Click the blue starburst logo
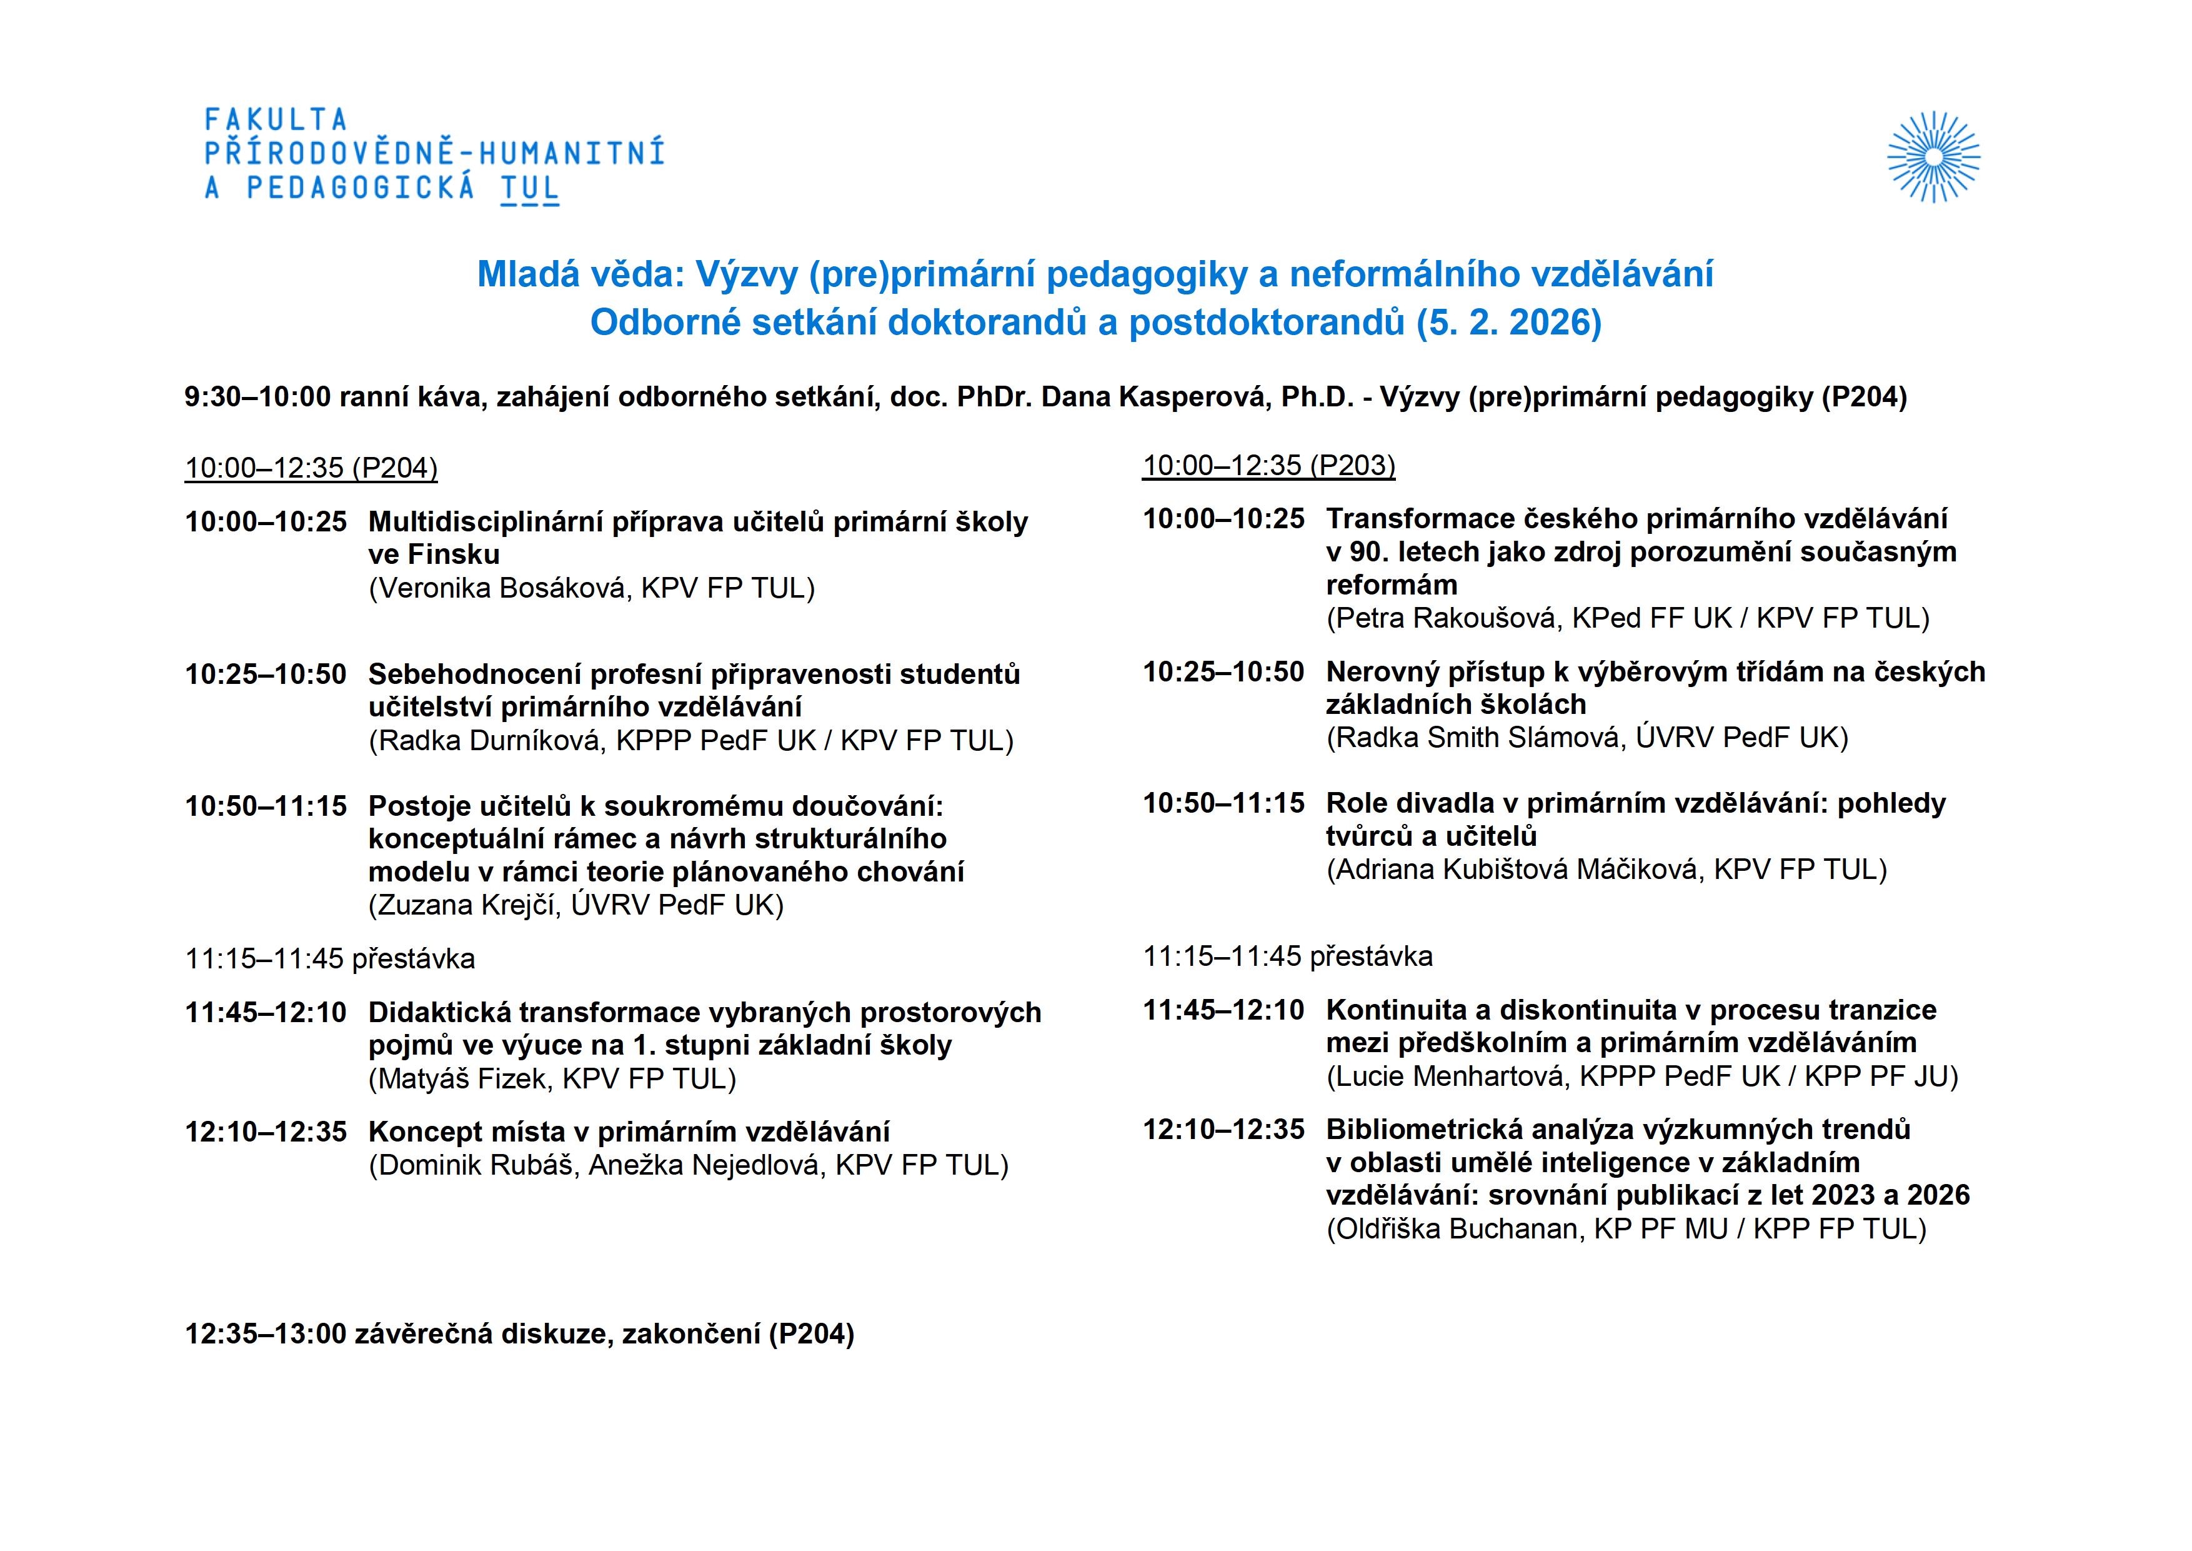click(x=1933, y=157)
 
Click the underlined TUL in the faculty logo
click(x=530, y=188)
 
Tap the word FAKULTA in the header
click(x=276, y=120)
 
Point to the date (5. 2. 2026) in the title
click(x=1508, y=323)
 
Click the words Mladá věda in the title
click(x=580, y=275)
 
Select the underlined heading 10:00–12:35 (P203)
click(x=1269, y=466)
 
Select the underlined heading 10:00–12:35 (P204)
click(x=311, y=468)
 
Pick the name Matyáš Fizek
click(x=462, y=1079)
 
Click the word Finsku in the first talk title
click(x=454, y=555)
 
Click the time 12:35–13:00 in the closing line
click(x=266, y=1334)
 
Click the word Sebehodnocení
click(x=474, y=675)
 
